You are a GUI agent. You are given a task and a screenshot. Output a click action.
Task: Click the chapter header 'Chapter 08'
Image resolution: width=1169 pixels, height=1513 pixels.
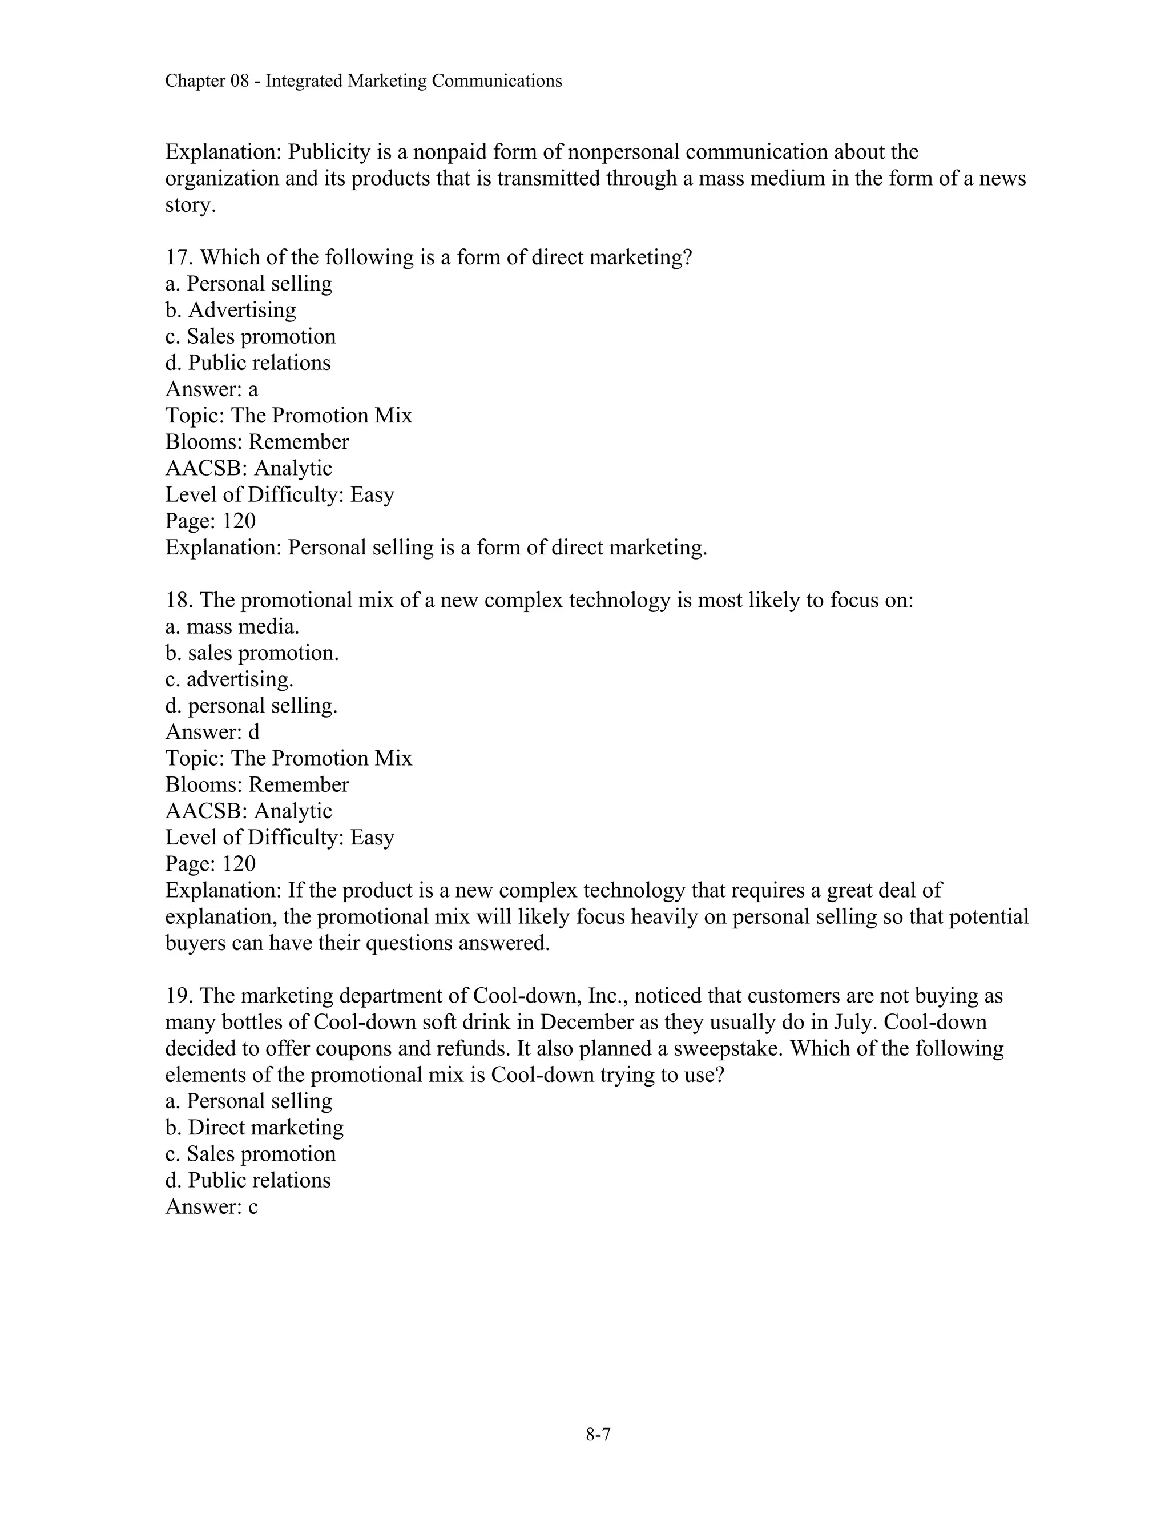207,82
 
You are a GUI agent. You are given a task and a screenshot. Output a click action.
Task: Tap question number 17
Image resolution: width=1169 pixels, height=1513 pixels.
179,257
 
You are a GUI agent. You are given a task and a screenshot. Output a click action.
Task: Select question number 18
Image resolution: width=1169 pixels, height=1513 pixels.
179,601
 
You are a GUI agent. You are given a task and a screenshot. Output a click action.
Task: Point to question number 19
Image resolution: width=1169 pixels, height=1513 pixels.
179,996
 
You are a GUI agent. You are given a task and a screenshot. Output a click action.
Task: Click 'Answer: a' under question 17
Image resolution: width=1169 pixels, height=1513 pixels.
211,389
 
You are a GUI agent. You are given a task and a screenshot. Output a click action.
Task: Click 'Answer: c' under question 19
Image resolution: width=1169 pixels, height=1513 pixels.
211,1207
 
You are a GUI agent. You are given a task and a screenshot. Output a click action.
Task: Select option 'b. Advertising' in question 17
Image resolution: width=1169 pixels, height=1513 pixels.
231,311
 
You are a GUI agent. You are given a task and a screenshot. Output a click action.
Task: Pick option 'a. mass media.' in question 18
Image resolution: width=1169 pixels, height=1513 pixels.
232,627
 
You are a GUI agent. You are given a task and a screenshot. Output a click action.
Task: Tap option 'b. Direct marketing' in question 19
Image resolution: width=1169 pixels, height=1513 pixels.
254,1128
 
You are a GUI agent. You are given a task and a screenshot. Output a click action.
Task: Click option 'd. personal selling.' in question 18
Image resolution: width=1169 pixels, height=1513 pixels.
251,706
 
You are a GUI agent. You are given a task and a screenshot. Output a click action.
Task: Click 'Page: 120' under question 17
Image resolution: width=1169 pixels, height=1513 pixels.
211,521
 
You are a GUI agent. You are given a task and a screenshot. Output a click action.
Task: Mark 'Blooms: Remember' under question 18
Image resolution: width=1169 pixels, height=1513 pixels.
257,785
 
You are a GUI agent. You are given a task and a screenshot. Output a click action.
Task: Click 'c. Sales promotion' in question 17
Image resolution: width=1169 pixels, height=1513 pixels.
250,337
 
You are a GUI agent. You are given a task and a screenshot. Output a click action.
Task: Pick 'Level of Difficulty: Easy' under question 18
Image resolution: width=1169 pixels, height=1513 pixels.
279,838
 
